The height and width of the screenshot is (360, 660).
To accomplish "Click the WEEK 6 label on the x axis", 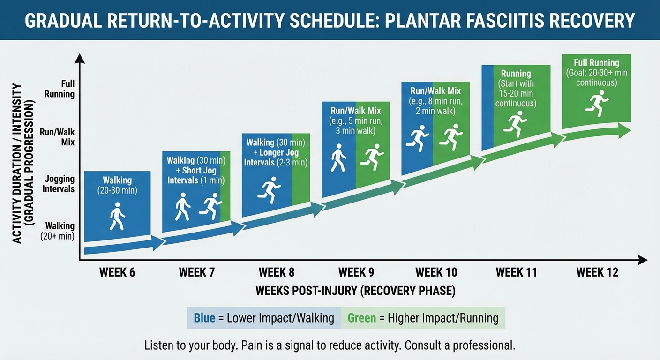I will click(x=117, y=272).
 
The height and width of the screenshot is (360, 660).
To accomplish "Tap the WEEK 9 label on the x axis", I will click(x=356, y=272).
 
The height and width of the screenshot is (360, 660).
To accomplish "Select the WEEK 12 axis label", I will click(x=597, y=272).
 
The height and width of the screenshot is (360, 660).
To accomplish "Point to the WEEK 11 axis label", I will click(x=516, y=272).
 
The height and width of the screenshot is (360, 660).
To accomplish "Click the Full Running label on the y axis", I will click(x=60, y=89).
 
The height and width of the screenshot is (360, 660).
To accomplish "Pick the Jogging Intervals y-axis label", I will click(x=59, y=184).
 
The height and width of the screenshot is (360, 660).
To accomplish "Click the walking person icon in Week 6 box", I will click(x=117, y=216).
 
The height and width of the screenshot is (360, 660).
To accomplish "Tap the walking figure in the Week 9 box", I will click(x=338, y=158).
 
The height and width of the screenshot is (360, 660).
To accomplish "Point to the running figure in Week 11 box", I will click(x=516, y=123).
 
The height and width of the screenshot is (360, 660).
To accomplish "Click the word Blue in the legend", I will click(x=204, y=318).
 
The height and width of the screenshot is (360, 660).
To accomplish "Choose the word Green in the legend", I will click(x=361, y=318).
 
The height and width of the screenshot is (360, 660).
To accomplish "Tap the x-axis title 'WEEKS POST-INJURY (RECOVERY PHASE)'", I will click(x=355, y=291).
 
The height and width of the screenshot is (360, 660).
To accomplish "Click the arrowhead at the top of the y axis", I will click(x=79, y=59).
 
